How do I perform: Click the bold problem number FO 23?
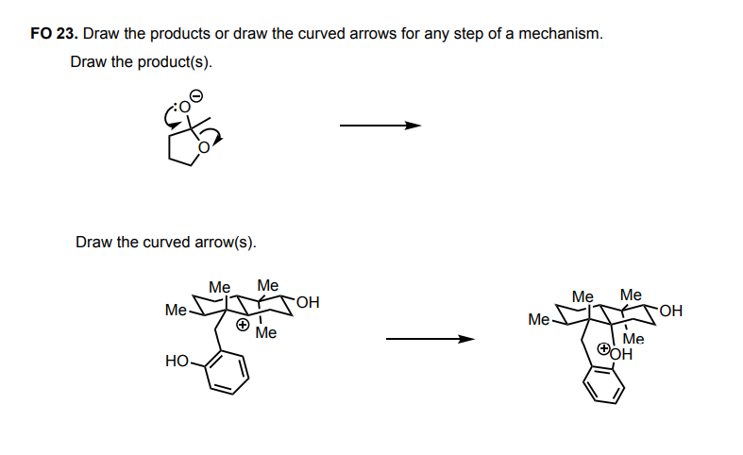tap(54, 34)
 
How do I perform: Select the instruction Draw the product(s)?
tap(142, 62)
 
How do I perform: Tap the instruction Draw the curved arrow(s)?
tap(165, 242)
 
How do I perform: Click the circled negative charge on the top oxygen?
tap(196, 94)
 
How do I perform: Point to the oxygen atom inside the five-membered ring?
tap(202, 146)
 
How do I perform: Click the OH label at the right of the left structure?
tap(307, 303)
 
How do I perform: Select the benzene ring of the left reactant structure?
tap(226, 373)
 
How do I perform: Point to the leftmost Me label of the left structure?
tap(176, 310)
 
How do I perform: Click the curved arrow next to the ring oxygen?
tap(218, 137)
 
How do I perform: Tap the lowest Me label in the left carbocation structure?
tap(265, 332)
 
